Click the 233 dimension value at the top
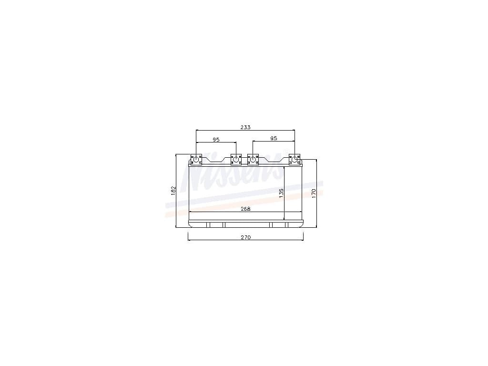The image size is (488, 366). tap(245, 127)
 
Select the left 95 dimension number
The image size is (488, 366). tap(216, 140)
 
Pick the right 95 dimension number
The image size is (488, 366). tap(274, 138)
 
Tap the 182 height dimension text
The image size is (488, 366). tap(173, 191)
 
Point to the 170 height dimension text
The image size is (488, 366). tap(314, 193)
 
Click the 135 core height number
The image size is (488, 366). tap(281, 193)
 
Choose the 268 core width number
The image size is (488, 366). tap(245, 209)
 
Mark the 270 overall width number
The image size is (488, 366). tap(245, 237)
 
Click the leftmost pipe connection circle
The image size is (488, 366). tap(196, 160)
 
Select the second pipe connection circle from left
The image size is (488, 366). tap(236, 160)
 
